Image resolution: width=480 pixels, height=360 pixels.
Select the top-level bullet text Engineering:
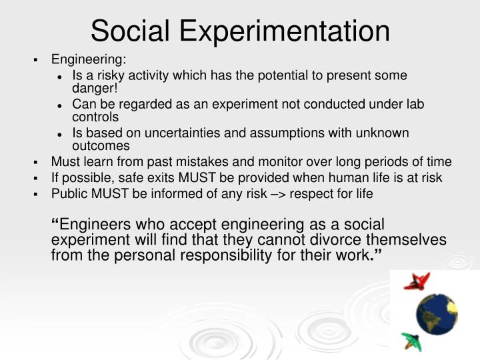pos(89,60)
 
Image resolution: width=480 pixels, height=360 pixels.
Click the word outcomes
pos(101,145)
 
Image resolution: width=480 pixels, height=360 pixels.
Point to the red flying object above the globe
pos(417,281)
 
